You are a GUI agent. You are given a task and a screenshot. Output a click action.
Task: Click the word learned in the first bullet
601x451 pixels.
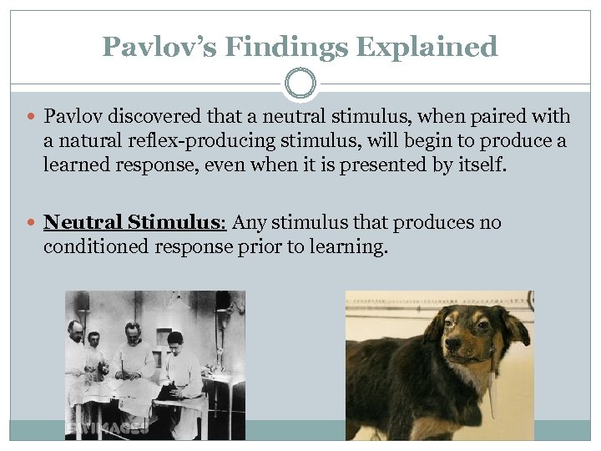tap(78, 165)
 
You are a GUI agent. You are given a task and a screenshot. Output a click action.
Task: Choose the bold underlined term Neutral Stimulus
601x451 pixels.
tap(134, 223)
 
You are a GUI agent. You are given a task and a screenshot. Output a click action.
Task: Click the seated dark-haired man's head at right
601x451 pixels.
tap(174, 341)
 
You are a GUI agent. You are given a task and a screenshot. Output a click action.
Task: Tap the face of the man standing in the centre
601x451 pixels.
tap(133, 331)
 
